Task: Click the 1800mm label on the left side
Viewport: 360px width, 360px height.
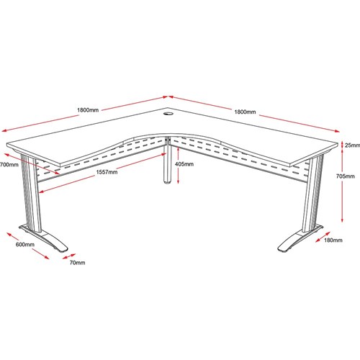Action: [x=88, y=110]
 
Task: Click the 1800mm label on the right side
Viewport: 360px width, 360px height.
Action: [x=245, y=112]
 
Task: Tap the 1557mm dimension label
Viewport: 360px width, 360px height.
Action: [x=107, y=172]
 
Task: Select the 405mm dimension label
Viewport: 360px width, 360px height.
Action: [x=184, y=164]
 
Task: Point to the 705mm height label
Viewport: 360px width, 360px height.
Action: [x=346, y=176]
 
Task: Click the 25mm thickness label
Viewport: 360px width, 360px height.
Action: [x=352, y=145]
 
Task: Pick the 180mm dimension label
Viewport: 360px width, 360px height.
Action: [x=333, y=240]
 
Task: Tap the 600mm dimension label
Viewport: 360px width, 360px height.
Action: [x=25, y=245]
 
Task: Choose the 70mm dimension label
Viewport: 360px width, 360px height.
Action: [x=77, y=263]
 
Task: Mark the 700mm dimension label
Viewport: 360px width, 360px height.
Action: [x=9, y=165]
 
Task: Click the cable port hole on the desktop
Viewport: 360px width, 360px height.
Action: [x=168, y=113]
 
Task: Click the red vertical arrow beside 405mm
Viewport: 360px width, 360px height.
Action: [x=178, y=166]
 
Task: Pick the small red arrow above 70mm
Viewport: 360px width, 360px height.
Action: [x=69, y=256]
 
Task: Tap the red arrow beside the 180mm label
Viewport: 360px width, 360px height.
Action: [x=323, y=237]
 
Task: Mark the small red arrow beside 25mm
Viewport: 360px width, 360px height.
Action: [x=342, y=145]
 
